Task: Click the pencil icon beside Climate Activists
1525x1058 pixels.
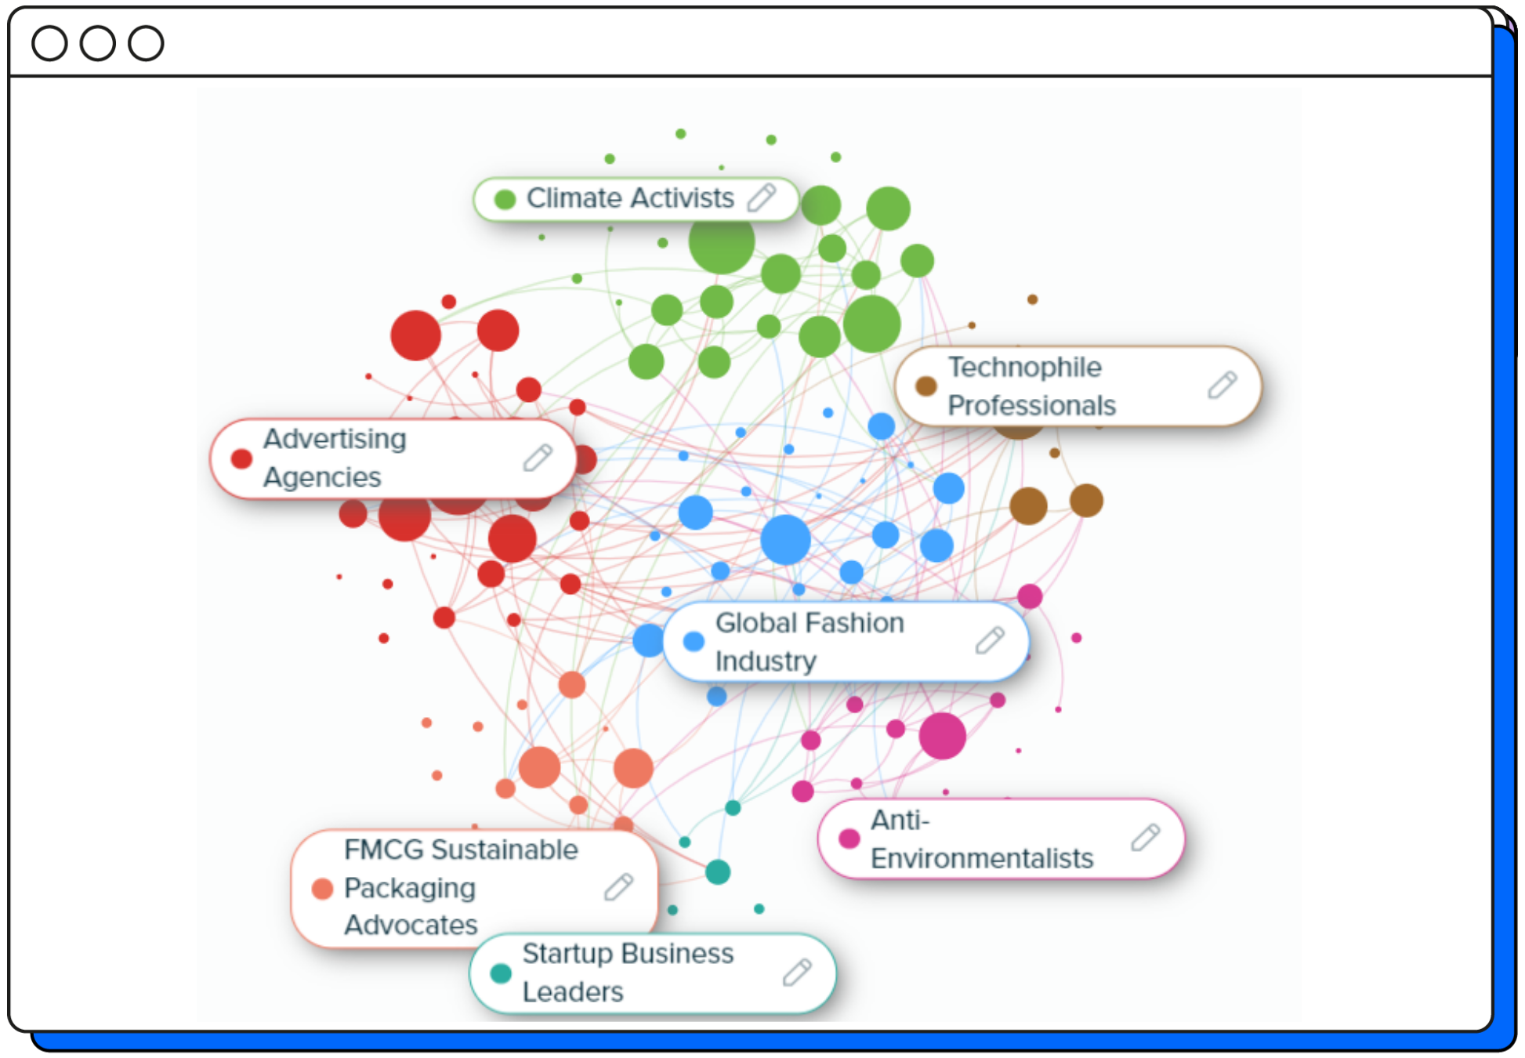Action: [x=761, y=197]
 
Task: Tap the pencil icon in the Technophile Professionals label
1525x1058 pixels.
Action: [x=1222, y=385]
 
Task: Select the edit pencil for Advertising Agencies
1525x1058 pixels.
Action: [x=538, y=458]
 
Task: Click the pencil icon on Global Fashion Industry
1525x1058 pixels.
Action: [x=990, y=640]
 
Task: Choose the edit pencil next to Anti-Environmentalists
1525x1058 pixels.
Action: [x=1145, y=837]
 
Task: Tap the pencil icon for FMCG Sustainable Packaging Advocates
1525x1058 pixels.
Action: [x=618, y=886]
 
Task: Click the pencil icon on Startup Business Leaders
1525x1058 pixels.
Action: [x=797, y=972]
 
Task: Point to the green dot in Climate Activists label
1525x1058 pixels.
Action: [x=505, y=199]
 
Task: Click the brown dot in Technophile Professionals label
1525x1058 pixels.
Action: [x=926, y=385]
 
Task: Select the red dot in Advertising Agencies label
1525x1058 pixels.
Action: [x=241, y=458]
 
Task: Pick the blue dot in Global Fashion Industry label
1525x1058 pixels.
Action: [x=694, y=641]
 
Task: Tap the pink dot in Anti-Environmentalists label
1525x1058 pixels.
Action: [x=849, y=839]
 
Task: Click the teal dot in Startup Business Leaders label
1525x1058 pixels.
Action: [x=501, y=973]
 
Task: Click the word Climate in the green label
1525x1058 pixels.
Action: [x=574, y=198]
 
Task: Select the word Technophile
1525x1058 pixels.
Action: [x=1024, y=367]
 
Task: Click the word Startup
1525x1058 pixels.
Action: [x=567, y=954]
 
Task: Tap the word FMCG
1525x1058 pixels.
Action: [x=384, y=850]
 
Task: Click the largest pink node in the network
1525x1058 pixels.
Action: [x=942, y=735]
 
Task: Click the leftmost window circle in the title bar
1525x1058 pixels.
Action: [x=49, y=43]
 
